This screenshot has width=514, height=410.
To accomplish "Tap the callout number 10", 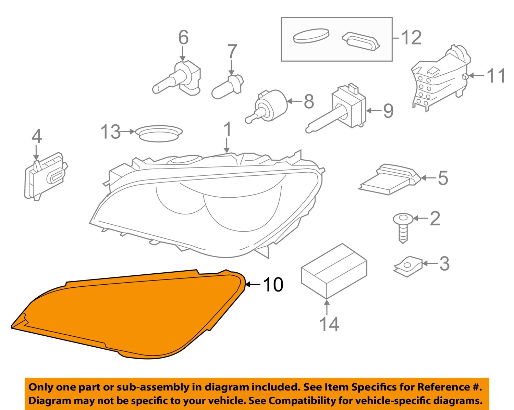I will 273,284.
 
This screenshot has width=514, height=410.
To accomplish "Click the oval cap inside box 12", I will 311,35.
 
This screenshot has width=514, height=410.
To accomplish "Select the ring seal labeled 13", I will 159,133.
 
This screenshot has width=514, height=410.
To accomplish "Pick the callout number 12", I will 411,38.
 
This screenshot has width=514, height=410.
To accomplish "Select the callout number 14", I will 329,324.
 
